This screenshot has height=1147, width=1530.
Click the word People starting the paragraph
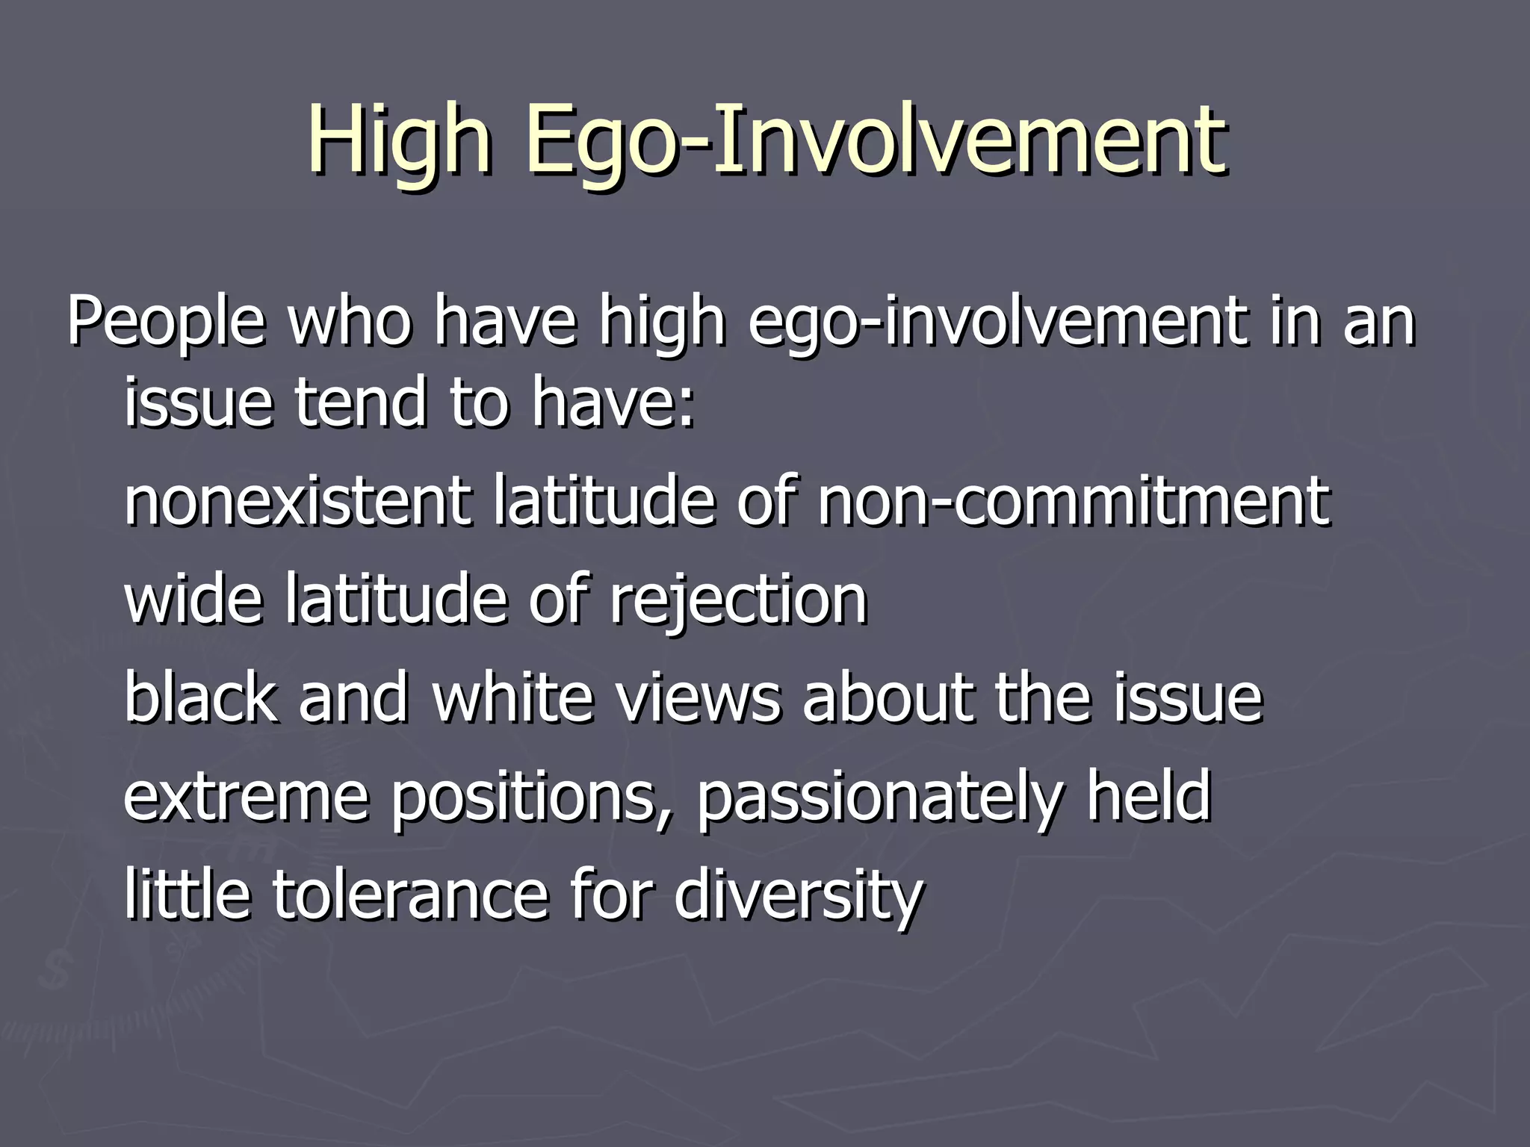click(166, 323)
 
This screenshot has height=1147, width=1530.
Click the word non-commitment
click(1073, 501)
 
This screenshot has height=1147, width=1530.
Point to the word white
click(523, 697)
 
